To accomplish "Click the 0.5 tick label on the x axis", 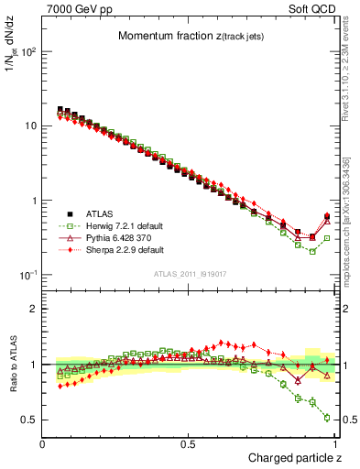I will pos(188,444).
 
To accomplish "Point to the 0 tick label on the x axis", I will pos(43,444).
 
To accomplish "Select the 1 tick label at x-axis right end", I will pos(333,444).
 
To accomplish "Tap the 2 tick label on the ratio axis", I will pos(33,309).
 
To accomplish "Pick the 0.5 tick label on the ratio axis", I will pos(29,420).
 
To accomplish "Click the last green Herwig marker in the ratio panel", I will pos(327,418).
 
